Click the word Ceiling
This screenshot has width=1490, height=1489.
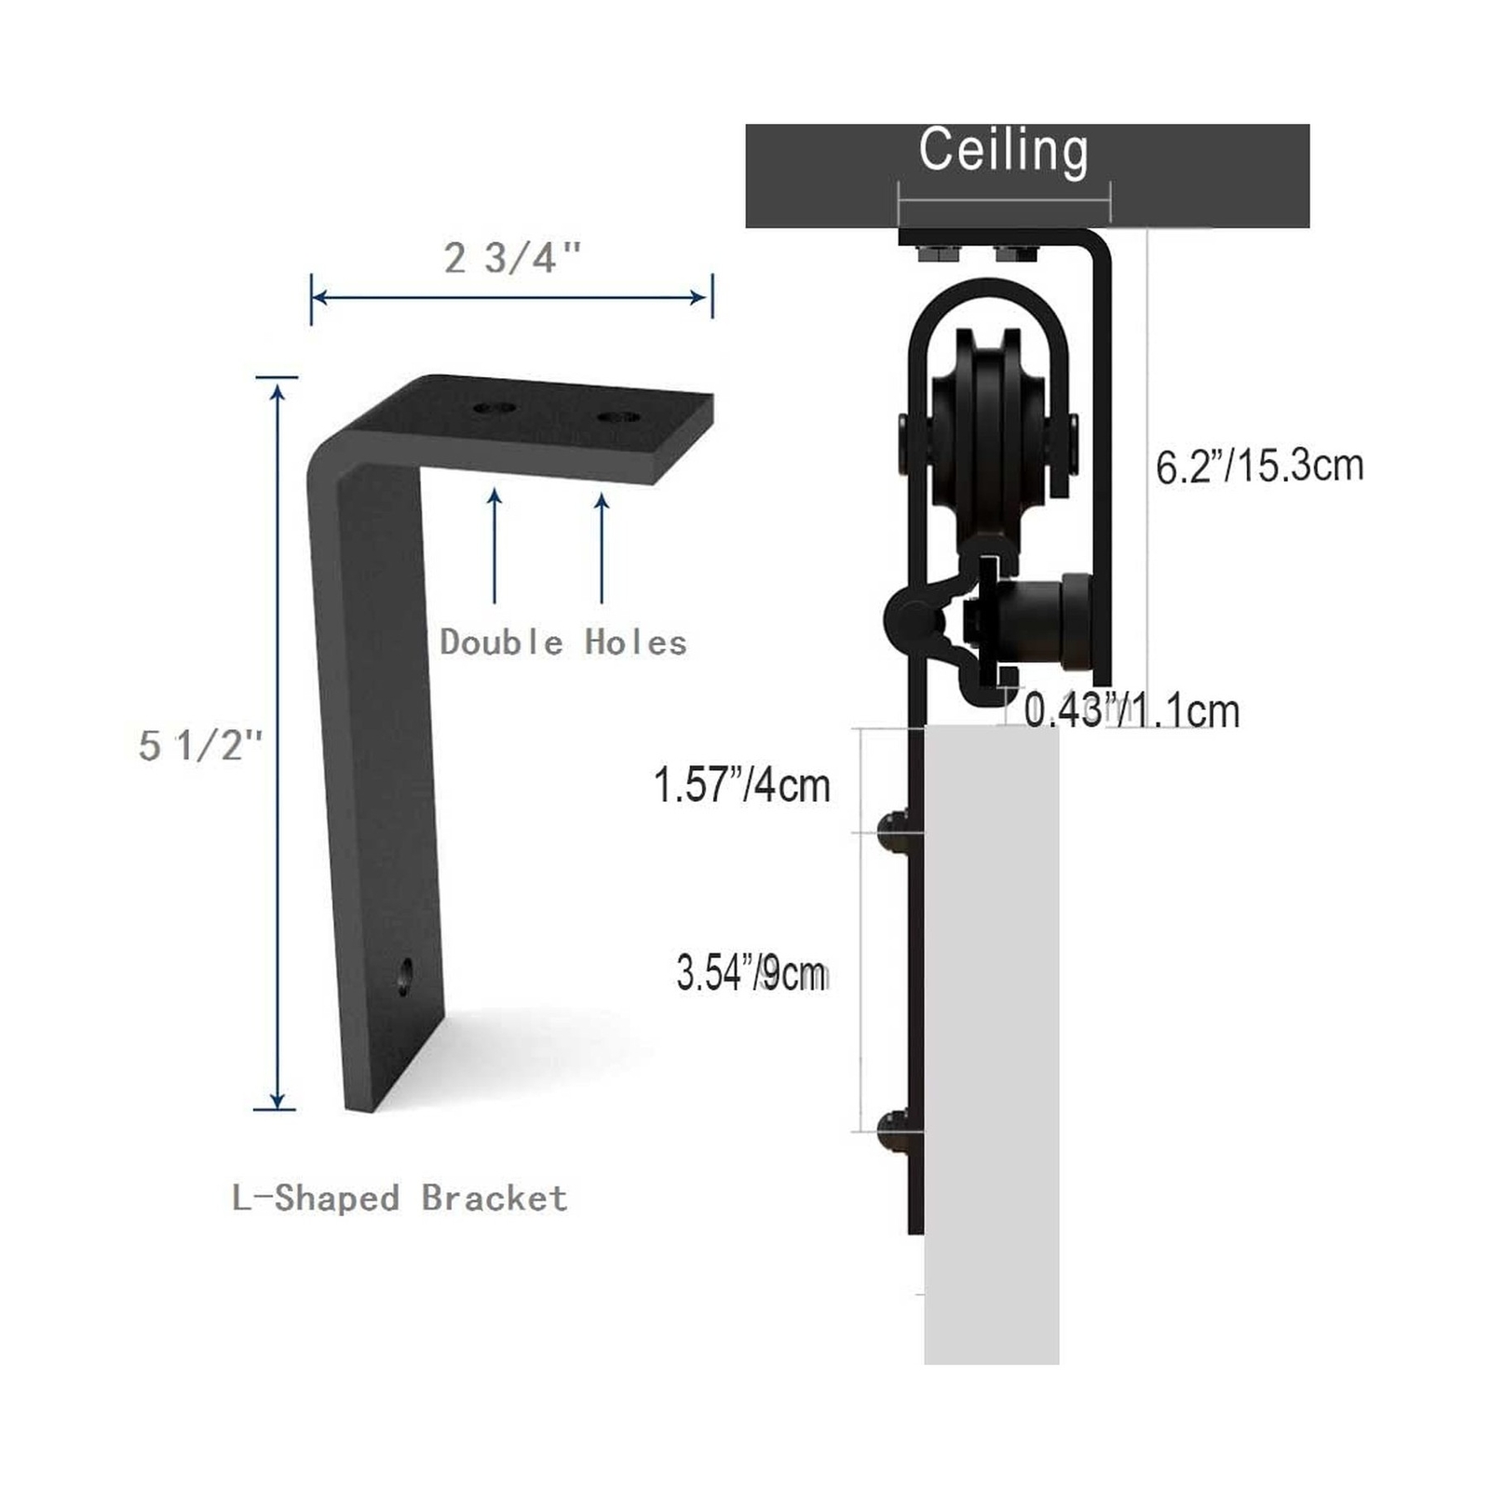click(x=1003, y=151)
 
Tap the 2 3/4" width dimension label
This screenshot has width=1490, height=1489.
click(x=512, y=258)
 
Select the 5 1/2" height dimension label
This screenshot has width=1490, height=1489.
click(x=200, y=745)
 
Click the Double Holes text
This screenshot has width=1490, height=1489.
click(x=562, y=643)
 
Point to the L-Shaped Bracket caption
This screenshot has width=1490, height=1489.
click(x=400, y=1198)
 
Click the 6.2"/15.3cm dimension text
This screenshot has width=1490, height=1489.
click(x=1259, y=466)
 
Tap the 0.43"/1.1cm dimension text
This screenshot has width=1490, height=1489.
click(x=1131, y=711)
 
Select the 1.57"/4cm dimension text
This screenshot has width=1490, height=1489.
click(x=741, y=784)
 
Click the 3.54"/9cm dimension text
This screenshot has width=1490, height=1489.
click(x=752, y=974)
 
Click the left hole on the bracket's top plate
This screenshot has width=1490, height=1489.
click(x=494, y=408)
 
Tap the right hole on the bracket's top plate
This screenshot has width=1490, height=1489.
click(x=618, y=416)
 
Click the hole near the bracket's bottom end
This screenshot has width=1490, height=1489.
click(x=405, y=975)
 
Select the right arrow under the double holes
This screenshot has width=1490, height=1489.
click(x=602, y=548)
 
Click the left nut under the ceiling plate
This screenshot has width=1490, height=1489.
click(x=934, y=252)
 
